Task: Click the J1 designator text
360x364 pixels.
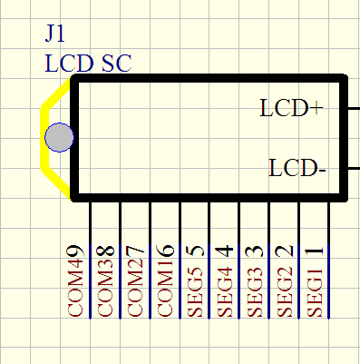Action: (55, 33)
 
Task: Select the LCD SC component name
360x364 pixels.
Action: (88, 64)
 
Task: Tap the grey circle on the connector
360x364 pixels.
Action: (59, 137)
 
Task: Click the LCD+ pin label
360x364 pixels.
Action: (291, 108)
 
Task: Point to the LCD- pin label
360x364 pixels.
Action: (297, 168)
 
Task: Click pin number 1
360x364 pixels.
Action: (315, 251)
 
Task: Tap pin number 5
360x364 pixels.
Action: (195, 251)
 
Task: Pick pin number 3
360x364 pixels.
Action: (255, 251)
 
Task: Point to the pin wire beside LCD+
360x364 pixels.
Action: (354, 108)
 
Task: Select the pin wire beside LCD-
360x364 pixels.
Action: (354, 168)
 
